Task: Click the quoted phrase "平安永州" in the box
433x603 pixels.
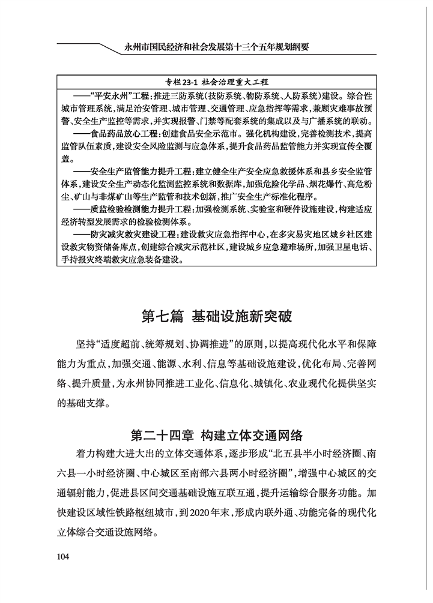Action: [x=108, y=95]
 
